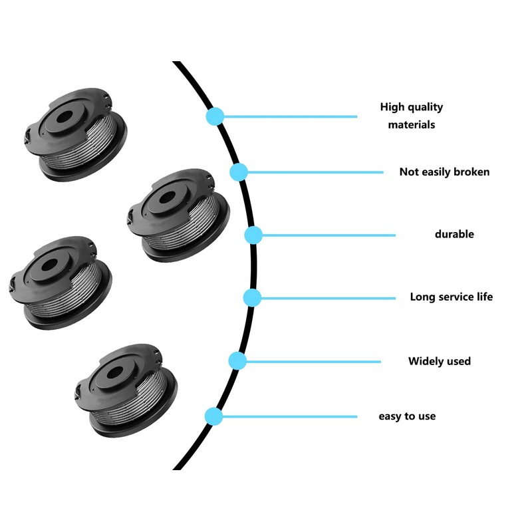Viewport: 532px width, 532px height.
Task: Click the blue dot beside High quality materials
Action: pyautogui.click(x=214, y=116)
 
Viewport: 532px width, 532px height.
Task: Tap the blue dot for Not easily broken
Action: pyautogui.click(x=239, y=172)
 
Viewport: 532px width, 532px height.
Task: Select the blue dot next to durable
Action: pyautogui.click(x=253, y=235)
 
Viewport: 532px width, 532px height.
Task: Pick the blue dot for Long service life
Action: pyautogui.click(x=251, y=297)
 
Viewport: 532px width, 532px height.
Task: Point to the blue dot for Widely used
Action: pyautogui.click(x=237, y=361)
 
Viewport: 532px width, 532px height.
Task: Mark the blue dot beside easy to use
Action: pyautogui.click(x=213, y=416)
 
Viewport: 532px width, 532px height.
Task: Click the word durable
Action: pyautogui.click(x=454, y=234)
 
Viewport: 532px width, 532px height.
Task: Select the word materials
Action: pyautogui.click(x=412, y=124)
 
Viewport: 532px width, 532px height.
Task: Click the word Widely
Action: pyautogui.click(x=426, y=361)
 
